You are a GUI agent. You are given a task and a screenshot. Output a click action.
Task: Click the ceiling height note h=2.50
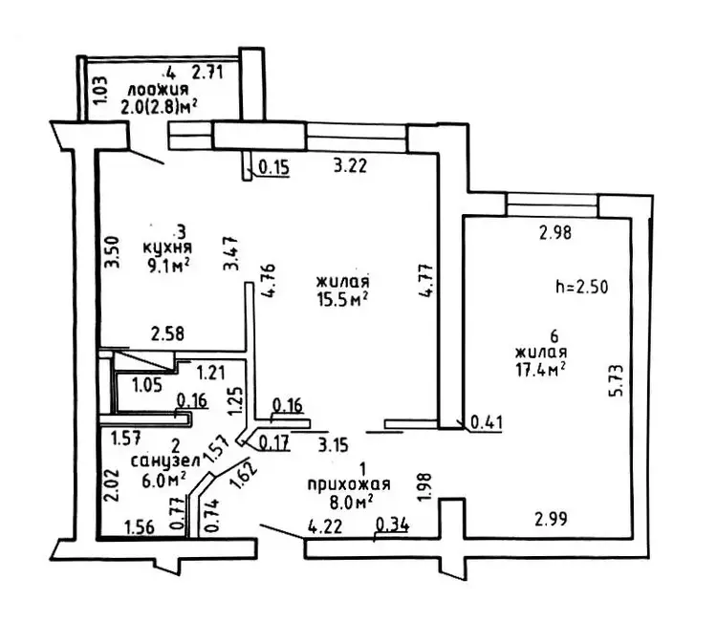[x=581, y=286]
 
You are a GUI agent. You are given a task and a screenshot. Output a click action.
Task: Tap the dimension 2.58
[x=168, y=333]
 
